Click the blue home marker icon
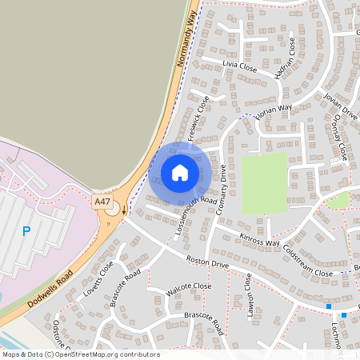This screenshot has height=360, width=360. click(x=180, y=172)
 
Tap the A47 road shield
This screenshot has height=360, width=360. click(x=102, y=202)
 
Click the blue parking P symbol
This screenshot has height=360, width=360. click(x=26, y=231)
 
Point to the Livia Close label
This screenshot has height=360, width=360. click(x=239, y=68)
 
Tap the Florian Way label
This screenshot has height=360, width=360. click(x=274, y=108)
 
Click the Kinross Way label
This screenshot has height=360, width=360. click(x=260, y=240)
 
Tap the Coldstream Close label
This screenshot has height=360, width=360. click(x=307, y=263)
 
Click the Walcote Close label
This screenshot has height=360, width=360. click(x=190, y=286)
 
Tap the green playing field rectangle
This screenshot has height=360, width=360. click(x=265, y=183)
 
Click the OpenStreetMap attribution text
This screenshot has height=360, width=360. click(x=80, y=354)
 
